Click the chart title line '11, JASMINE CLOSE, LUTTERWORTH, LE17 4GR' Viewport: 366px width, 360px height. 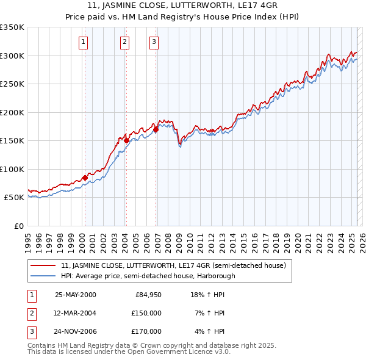182,5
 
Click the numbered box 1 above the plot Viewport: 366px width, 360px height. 83,42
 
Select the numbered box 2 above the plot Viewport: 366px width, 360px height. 124,42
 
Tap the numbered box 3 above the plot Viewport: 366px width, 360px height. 154,42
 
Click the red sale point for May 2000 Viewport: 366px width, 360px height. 85,178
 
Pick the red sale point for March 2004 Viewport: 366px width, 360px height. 126,140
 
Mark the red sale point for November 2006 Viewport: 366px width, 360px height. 156,129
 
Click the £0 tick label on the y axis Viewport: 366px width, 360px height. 18,226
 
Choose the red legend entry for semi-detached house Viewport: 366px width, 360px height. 177,265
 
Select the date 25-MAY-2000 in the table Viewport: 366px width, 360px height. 75,295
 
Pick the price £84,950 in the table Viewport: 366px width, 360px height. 148,295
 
